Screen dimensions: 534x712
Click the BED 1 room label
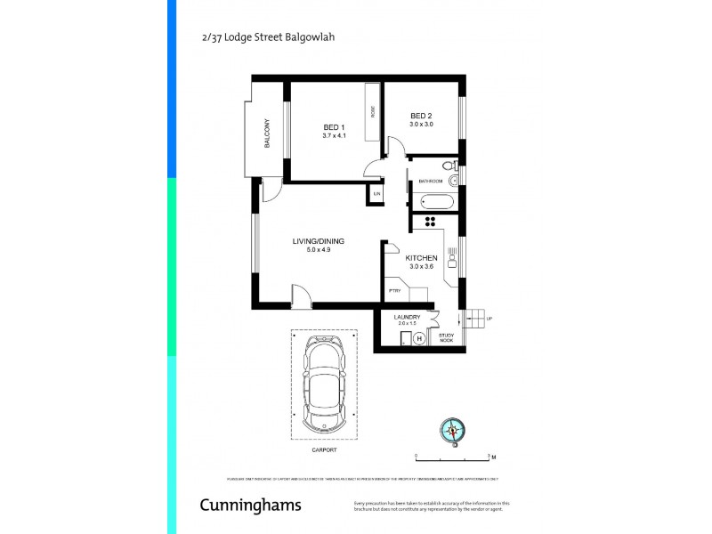point(334,128)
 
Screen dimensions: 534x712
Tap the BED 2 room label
point(421,117)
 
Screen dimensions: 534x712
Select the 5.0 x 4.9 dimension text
point(319,250)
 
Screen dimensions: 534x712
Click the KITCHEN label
point(421,257)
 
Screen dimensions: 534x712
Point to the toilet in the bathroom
point(449,166)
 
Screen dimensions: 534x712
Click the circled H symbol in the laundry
point(419,338)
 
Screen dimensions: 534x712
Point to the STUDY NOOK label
point(447,338)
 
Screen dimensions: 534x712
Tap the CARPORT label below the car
point(324,450)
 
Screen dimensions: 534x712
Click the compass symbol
point(453,431)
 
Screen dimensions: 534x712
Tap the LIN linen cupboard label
point(377,194)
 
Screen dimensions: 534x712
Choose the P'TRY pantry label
point(394,291)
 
